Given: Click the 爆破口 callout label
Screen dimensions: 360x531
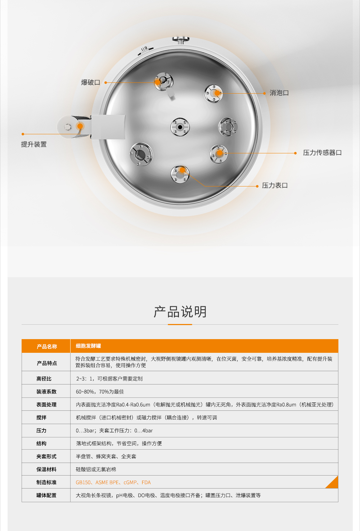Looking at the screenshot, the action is coord(90,82).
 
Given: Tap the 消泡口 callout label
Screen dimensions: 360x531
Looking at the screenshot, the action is coord(279,93).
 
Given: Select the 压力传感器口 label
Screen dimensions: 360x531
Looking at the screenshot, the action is coord(322,153).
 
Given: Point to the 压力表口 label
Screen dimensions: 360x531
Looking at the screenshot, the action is coord(275,185).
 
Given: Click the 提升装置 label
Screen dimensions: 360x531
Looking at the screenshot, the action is coord(33,144).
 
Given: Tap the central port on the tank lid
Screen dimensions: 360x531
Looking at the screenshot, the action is coord(180,127).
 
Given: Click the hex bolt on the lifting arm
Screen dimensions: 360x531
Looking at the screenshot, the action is coord(68,127).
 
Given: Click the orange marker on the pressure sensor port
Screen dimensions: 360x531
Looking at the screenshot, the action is coord(220,153).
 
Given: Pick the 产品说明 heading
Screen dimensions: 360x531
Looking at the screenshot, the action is coord(180,311).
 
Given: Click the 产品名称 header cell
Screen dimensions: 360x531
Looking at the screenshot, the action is coord(47,347).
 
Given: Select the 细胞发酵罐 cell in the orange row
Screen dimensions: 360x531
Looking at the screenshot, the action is coord(89,346).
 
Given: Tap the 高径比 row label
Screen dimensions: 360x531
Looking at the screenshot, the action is coord(44,379).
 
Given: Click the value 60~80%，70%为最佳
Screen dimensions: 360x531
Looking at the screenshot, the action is coord(100,392).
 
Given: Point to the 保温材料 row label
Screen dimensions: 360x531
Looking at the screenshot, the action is coord(46,469).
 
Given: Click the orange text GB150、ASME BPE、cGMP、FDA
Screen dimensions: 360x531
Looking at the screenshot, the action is coord(113,482).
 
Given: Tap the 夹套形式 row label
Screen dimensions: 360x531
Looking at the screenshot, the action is coord(46,456).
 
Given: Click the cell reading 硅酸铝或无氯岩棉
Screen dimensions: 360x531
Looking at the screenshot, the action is coord(96,469).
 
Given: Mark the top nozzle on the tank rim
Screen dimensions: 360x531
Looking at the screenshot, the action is coord(181,40).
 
